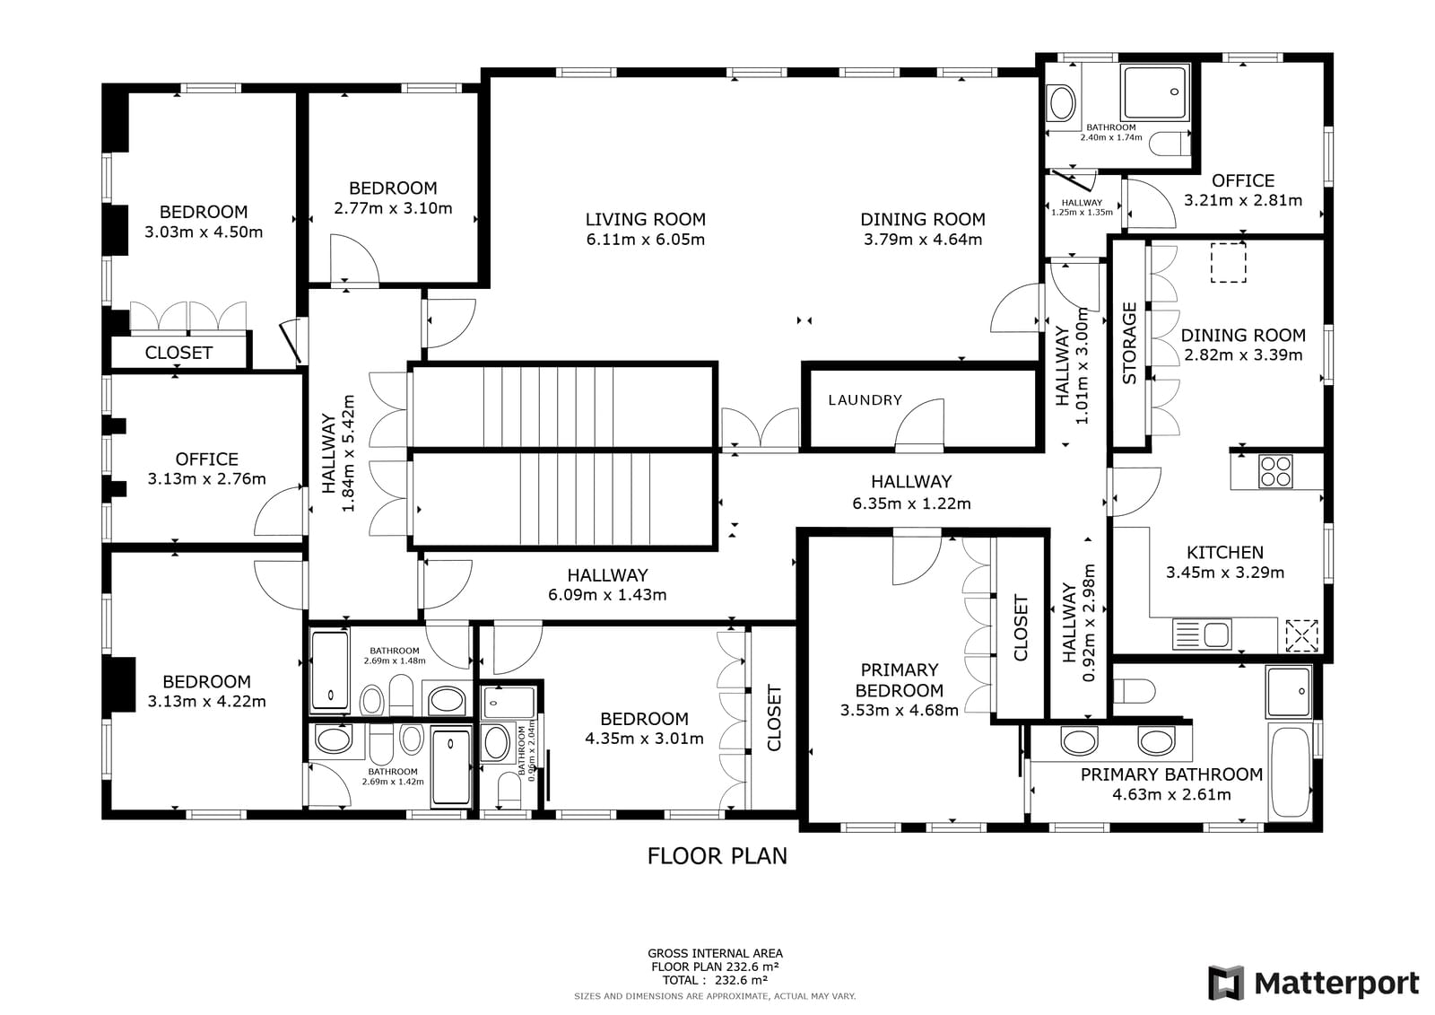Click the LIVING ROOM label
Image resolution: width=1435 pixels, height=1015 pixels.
click(x=645, y=219)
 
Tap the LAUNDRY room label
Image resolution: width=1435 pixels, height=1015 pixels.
click(x=865, y=400)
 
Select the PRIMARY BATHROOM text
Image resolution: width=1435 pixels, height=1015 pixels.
click(x=1171, y=774)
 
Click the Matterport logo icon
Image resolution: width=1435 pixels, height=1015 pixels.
click(x=1226, y=983)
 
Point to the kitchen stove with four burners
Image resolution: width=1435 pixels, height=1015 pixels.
click(x=1275, y=471)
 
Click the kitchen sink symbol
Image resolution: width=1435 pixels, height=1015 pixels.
click(x=1202, y=634)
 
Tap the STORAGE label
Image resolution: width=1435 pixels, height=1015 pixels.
click(x=1129, y=343)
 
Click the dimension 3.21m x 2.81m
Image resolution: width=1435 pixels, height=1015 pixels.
click(x=1242, y=200)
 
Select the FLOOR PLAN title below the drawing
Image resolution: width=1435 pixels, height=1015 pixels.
click(x=717, y=856)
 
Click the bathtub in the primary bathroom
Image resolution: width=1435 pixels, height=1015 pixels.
click(x=1291, y=772)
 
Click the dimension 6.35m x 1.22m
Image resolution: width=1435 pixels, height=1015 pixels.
click(x=911, y=503)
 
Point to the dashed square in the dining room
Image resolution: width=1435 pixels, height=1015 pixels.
click(x=1228, y=262)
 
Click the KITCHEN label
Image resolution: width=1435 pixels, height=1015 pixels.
click(x=1224, y=553)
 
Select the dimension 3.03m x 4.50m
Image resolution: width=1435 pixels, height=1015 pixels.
click(x=203, y=232)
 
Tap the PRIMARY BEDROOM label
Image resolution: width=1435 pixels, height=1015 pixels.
click(x=899, y=680)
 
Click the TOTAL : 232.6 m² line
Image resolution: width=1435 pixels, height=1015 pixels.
click(x=715, y=980)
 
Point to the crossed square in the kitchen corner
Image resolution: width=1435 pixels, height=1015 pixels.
click(x=1302, y=634)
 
